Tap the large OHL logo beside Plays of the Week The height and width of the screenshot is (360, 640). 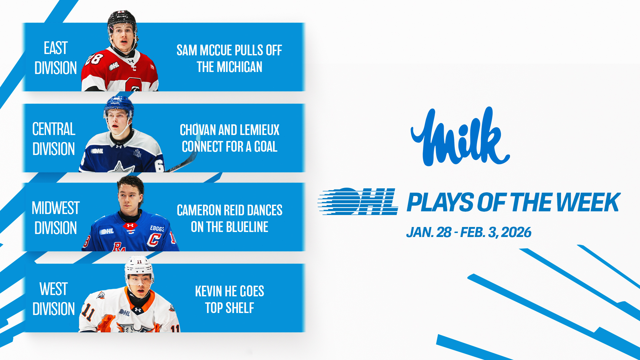pos(358,201)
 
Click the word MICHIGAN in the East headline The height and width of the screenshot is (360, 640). pos(239,67)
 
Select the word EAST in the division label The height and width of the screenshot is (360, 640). pos(56,48)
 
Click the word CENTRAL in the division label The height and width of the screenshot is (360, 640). pos(54,129)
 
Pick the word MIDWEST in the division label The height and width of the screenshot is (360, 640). pos(56,208)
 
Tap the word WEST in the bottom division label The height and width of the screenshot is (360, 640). pos(54,289)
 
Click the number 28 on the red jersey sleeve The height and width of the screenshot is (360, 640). pos(94,59)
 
